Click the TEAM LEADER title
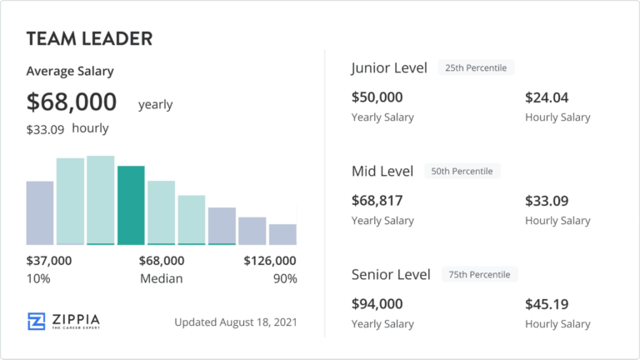coord(88,38)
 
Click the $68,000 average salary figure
coord(72,102)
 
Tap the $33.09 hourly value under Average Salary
coord(46,129)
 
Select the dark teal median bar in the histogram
coord(131,205)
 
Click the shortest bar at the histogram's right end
coord(282,234)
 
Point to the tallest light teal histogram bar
coord(100,200)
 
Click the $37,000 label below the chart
coord(49,261)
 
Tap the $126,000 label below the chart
coord(269,261)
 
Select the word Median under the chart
coord(162,278)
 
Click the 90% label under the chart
coord(284,278)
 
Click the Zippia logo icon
coord(36,322)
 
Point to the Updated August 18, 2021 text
coord(235,322)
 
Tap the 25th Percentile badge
coord(477,67)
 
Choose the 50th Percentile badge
coord(462,171)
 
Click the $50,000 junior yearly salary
coord(377,97)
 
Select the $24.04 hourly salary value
coord(547,97)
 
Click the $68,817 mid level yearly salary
coord(377,201)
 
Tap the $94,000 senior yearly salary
coord(377,304)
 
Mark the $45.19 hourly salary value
coord(547,304)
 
